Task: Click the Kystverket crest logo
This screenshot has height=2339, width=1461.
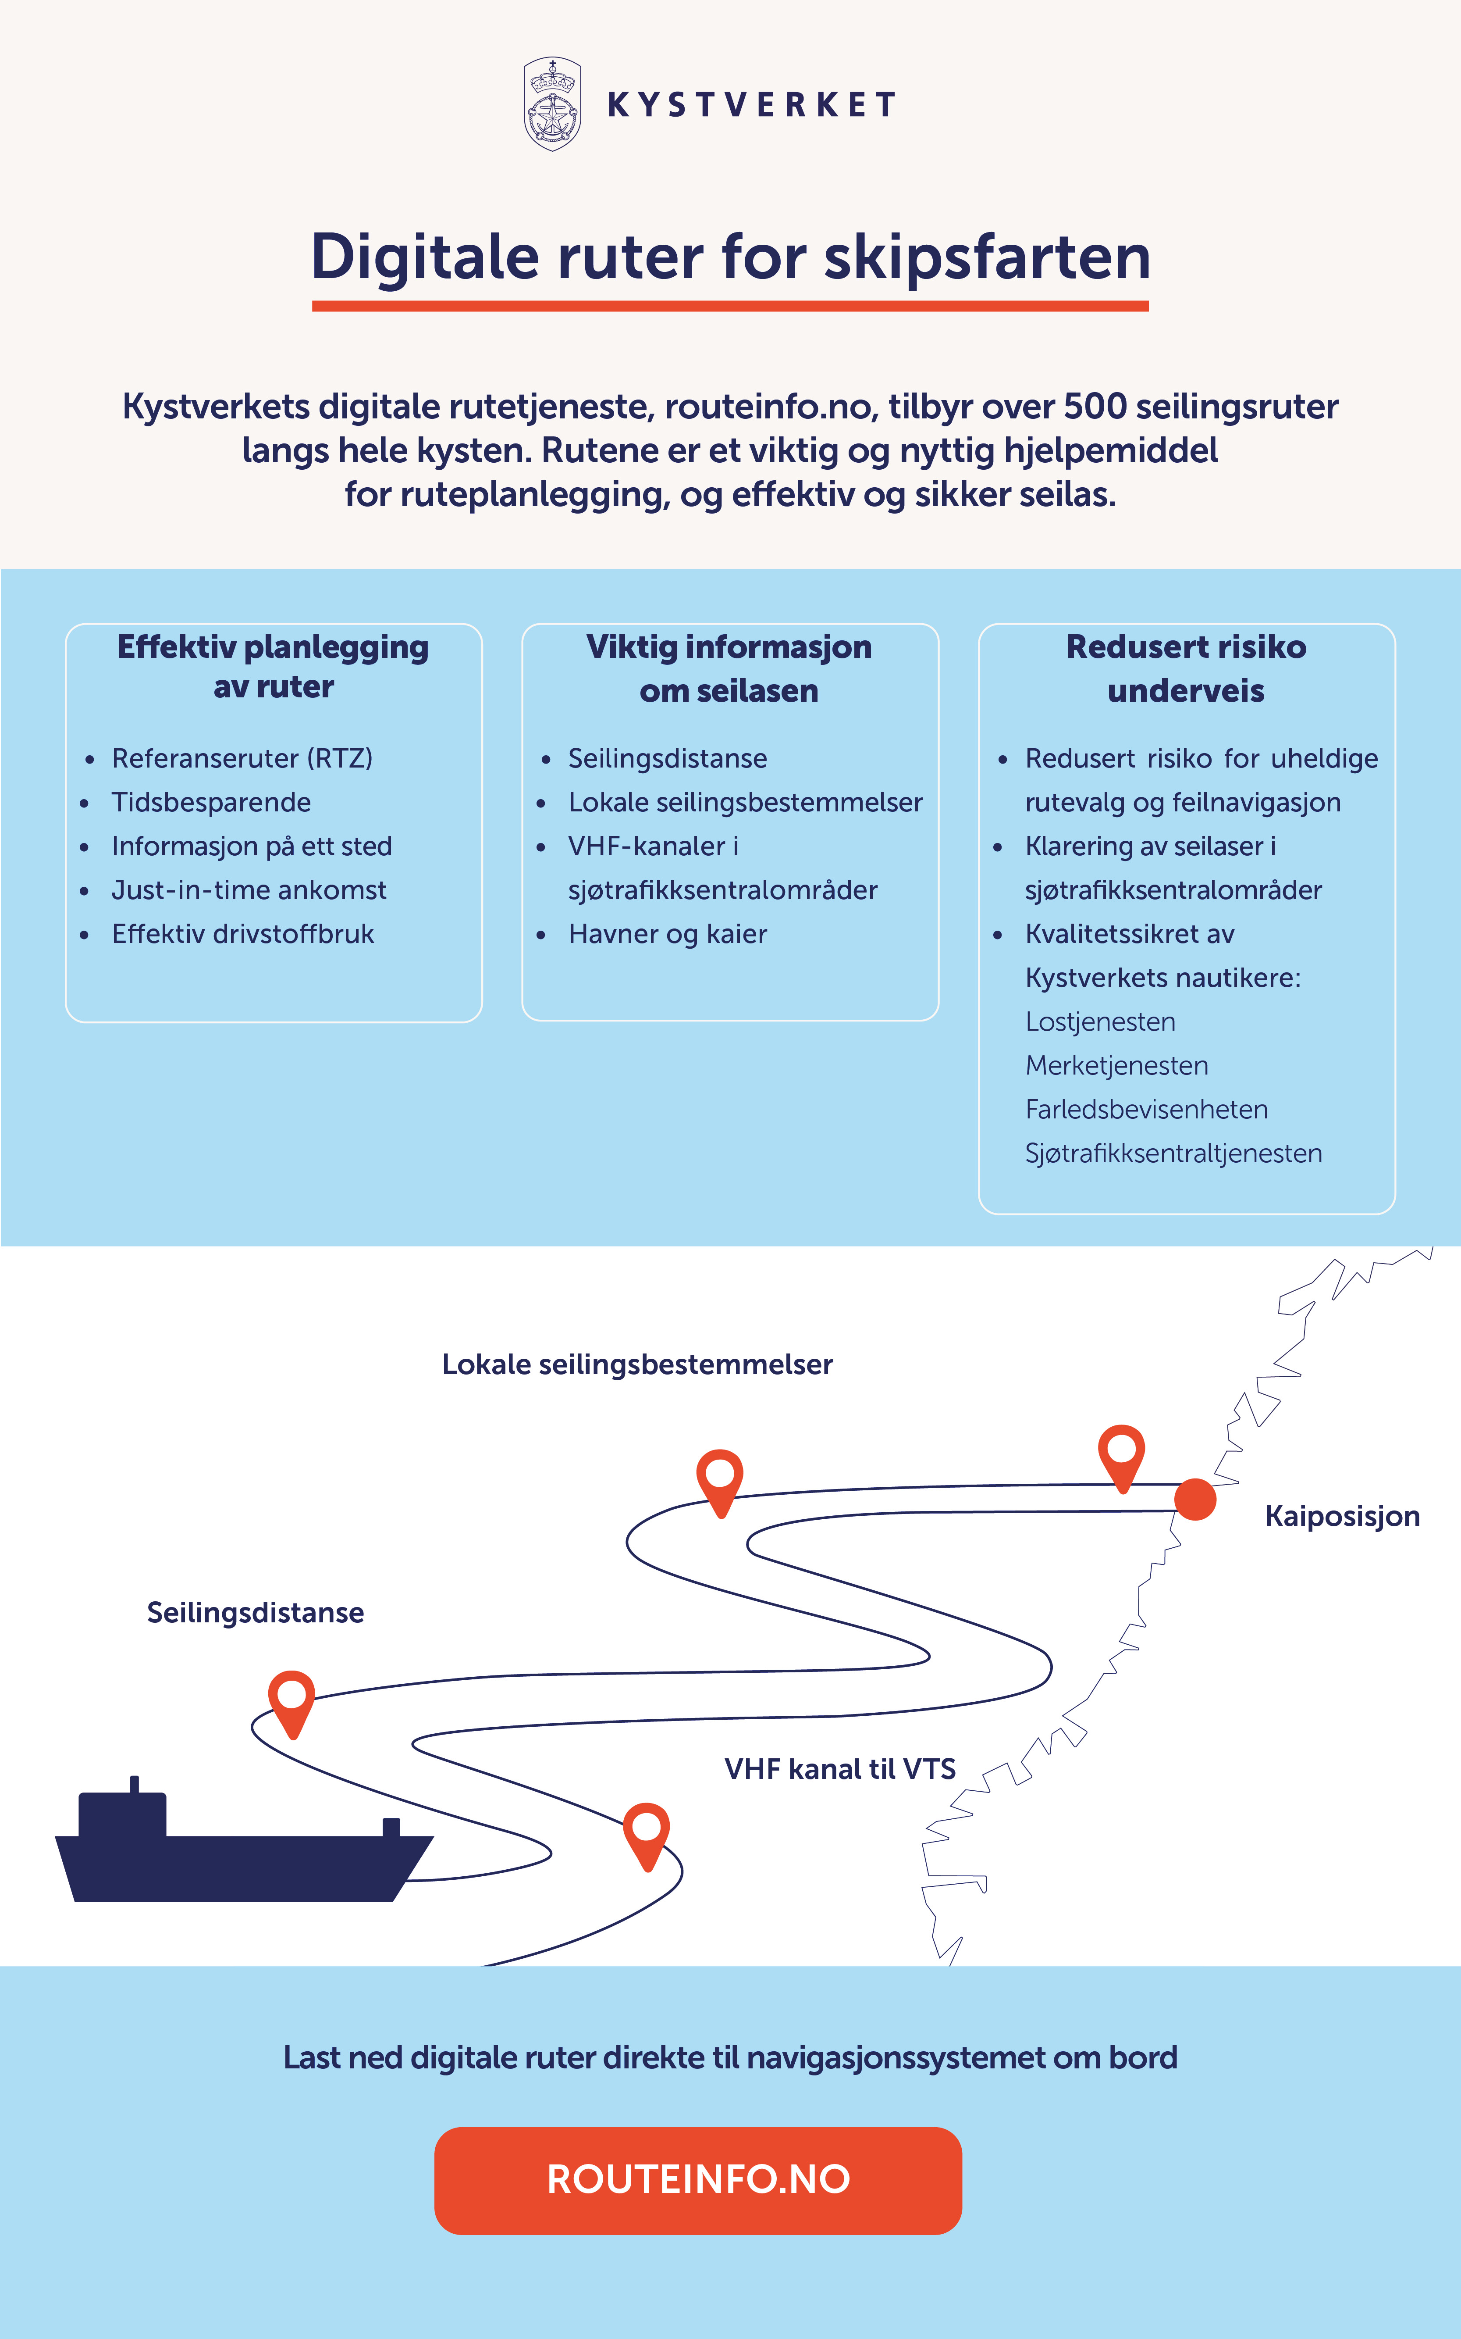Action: [552, 104]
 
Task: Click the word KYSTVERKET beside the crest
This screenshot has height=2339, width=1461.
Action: [752, 104]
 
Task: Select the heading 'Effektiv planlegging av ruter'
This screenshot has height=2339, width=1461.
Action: [274, 666]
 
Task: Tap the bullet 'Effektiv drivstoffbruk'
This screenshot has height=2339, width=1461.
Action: [242, 934]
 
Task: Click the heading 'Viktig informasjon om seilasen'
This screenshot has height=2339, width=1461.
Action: [729, 668]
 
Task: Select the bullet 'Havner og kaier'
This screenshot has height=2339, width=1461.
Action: [668, 934]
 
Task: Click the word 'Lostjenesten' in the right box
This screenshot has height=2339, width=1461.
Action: [1101, 1021]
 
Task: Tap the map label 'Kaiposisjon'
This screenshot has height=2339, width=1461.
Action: [1342, 1515]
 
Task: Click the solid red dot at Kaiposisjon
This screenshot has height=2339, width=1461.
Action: [1195, 1499]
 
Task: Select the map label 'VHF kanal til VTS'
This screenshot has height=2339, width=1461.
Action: [840, 1769]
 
